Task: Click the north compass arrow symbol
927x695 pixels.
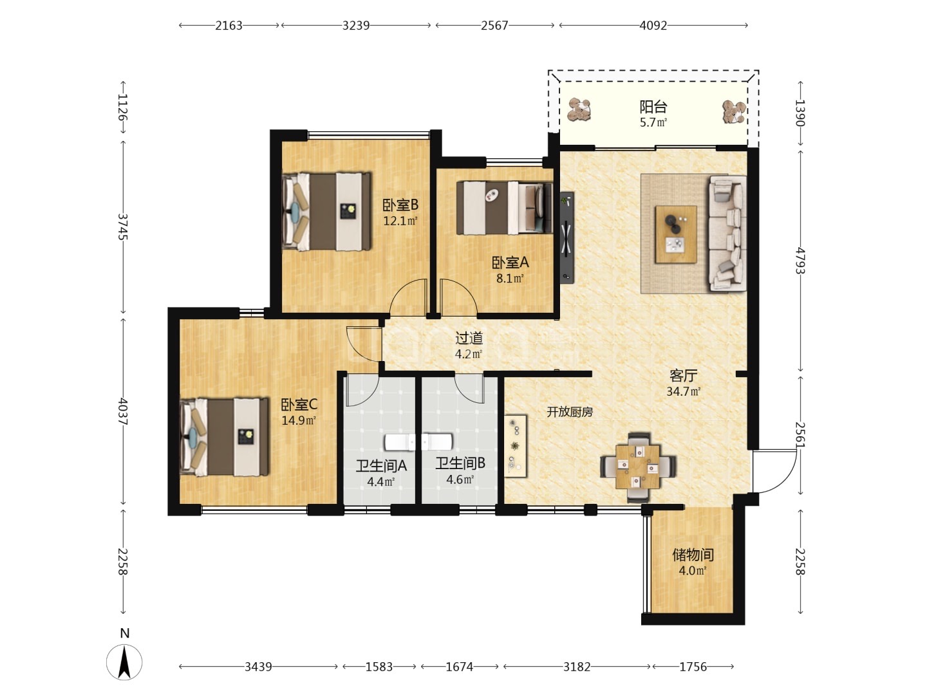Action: pyautogui.click(x=124, y=663)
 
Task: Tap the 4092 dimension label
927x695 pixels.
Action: pyautogui.click(x=653, y=26)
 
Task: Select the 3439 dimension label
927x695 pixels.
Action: pyautogui.click(x=258, y=667)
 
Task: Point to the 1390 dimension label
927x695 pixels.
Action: pyautogui.click(x=800, y=113)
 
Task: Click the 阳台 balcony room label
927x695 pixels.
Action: pyautogui.click(x=653, y=107)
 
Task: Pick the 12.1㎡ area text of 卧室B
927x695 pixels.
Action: pyautogui.click(x=400, y=221)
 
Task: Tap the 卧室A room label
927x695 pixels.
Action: pyautogui.click(x=510, y=263)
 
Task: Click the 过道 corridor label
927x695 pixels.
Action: pyautogui.click(x=469, y=338)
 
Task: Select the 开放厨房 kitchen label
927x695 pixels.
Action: pyautogui.click(x=570, y=412)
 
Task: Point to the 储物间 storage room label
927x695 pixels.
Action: pyautogui.click(x=693, y=555)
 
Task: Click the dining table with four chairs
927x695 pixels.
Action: pyautogui.click(x=638, y=467)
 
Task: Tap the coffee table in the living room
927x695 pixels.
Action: pyautogui.click(x=676, y=235)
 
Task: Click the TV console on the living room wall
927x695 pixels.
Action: pyautogui.click(x=566, y=237)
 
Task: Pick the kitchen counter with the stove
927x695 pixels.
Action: pyautogui.click(x=515, y=446)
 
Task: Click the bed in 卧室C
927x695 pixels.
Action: pyautogui.click(x=224, y=437)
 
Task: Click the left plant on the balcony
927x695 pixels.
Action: pyautogui.click(x=579, y=109)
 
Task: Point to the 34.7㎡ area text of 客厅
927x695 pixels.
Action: pyautogui.click(x=683, y=392)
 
